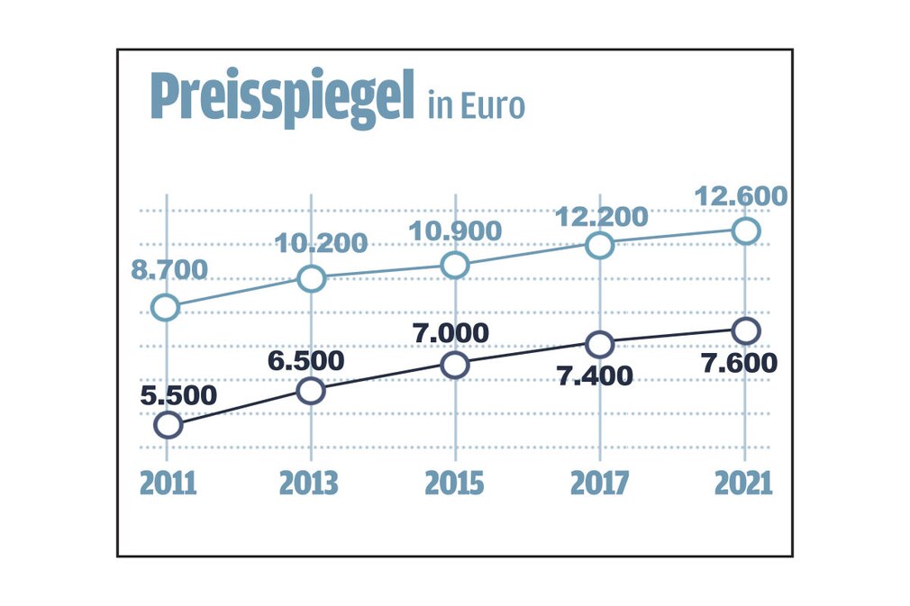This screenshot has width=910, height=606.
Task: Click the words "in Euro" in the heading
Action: pyautogui.click(x=476, y=106)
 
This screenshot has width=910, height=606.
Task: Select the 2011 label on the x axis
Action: pyautogui.click(x=168, y=483)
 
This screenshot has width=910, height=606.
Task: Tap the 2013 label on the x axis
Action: pyautogui.click(x=311, y=483)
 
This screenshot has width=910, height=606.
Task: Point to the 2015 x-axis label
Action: pyautogui.click(x=455, y=483)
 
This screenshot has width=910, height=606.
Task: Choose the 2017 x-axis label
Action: pyautogui.click(x=599, y=483)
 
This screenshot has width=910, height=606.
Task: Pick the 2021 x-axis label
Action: pyautogui.click(x=743, y=483)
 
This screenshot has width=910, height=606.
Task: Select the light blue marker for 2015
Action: pyautogui.click(x=456, y=265)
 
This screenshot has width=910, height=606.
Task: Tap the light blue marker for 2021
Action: pyautogui.click(x=745, y=231)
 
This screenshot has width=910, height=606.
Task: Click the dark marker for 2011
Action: pyautogui.click(x=168, y=425)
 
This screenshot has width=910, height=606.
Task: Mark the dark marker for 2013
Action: pyautogui.click(x=311, y=391)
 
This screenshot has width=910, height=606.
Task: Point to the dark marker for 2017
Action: pyautogui.click(x=600, y=345)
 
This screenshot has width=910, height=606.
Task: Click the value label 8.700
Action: pyautogui.click(x=171, y=268)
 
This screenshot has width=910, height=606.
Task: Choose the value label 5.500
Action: pyautogui.click(x=178, y=394)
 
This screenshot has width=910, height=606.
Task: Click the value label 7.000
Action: pyautogui.click(x=450, y=332)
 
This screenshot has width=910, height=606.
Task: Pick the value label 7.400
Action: pyautogui.click(x=596, y=375)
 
